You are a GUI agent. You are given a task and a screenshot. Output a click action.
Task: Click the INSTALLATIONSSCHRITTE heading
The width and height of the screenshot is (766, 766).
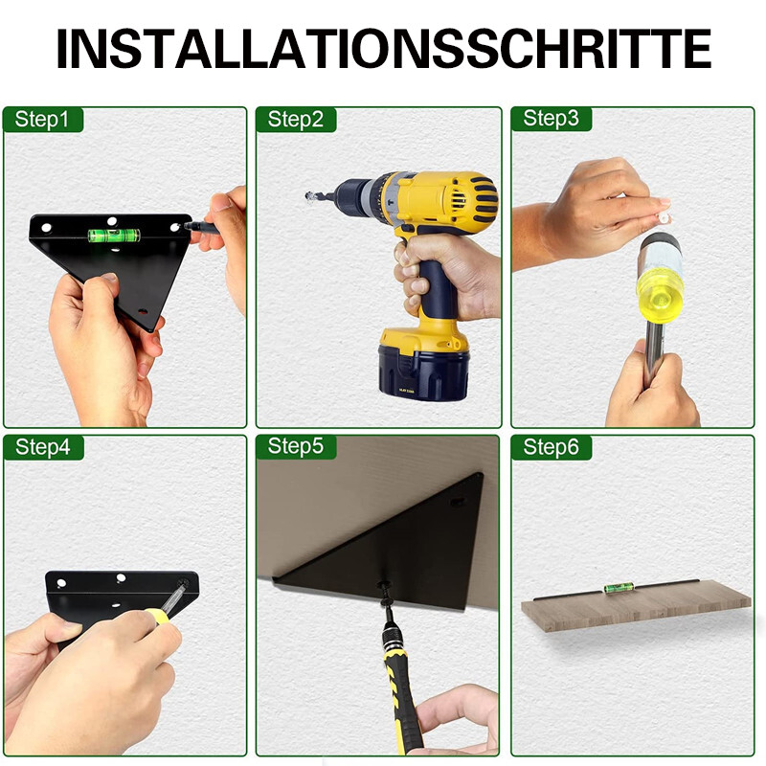tap(384, 48)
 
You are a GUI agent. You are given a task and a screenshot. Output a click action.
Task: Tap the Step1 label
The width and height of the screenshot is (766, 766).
tap(42, 120)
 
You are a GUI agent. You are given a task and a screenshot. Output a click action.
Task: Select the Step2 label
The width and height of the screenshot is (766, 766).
tap(296, 120)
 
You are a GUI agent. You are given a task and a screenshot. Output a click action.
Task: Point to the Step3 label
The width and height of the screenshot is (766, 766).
tap(551, 119)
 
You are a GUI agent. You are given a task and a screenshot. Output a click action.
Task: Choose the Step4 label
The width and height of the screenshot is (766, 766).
tap(42, 447)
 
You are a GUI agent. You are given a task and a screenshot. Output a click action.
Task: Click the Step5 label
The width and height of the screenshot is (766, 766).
tap(296, 446)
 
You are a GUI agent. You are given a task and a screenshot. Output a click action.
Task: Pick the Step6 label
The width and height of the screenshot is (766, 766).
tap(551, 447)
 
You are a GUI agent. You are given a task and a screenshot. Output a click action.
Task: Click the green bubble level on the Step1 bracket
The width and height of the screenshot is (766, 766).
tap(114, 236)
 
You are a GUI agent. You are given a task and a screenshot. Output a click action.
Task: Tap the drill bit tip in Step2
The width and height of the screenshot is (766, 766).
tap(308, 196)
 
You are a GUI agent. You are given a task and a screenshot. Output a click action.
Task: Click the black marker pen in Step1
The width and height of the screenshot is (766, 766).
tap(202, 227)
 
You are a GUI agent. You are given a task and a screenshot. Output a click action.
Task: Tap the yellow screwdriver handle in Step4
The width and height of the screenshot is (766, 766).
tap(157, 617)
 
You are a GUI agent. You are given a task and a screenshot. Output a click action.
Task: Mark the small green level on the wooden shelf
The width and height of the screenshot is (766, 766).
tap(619, 587)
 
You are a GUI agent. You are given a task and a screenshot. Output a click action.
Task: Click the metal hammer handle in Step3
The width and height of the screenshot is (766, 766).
tap(654, 353)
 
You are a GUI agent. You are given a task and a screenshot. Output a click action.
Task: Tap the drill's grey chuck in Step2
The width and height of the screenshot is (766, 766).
tap(353, 194)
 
